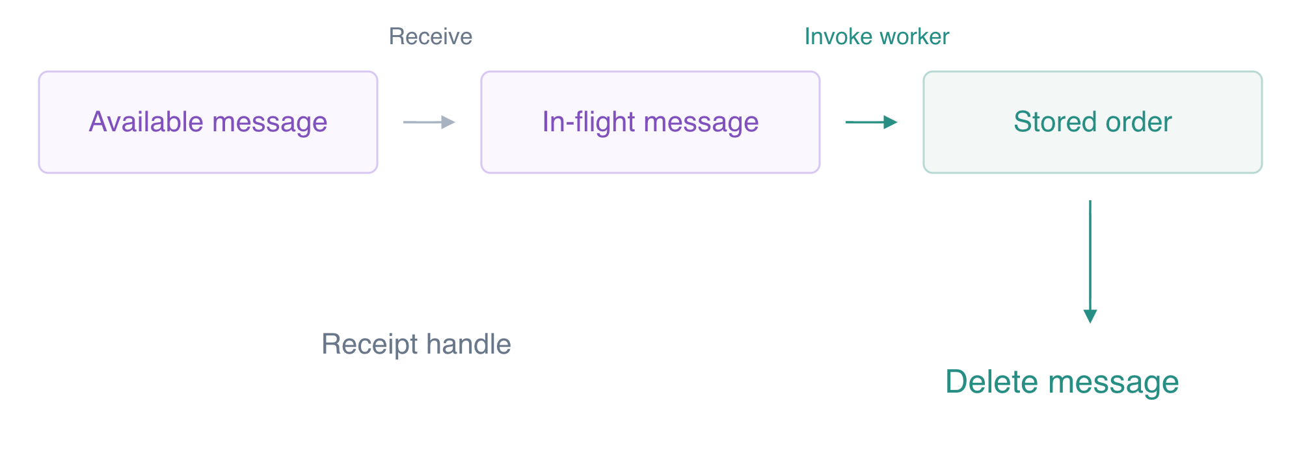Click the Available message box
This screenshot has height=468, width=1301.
[x=208, y=122]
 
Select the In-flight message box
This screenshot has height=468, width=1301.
[x=650, y=122]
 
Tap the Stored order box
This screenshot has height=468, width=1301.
[x=1093, y=122]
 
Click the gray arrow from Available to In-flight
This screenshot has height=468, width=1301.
[x=429, y=122]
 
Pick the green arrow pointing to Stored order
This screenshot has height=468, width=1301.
[x=872, y=122]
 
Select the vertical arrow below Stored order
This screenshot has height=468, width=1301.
[x=1090, y=261]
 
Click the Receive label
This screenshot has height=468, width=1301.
[x=431, y=36]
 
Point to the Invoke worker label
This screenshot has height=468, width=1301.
[x=877, y=36]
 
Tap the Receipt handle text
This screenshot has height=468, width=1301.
[x=416, y=344]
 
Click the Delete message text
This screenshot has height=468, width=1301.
[x=1062, y=382]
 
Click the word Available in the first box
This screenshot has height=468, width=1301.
[x=146, y=122]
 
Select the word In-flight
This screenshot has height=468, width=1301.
[x=580, y=122]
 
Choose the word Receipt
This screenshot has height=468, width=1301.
[x=370, y=344]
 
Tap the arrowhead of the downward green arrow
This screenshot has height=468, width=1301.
[x=1090, y=317]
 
